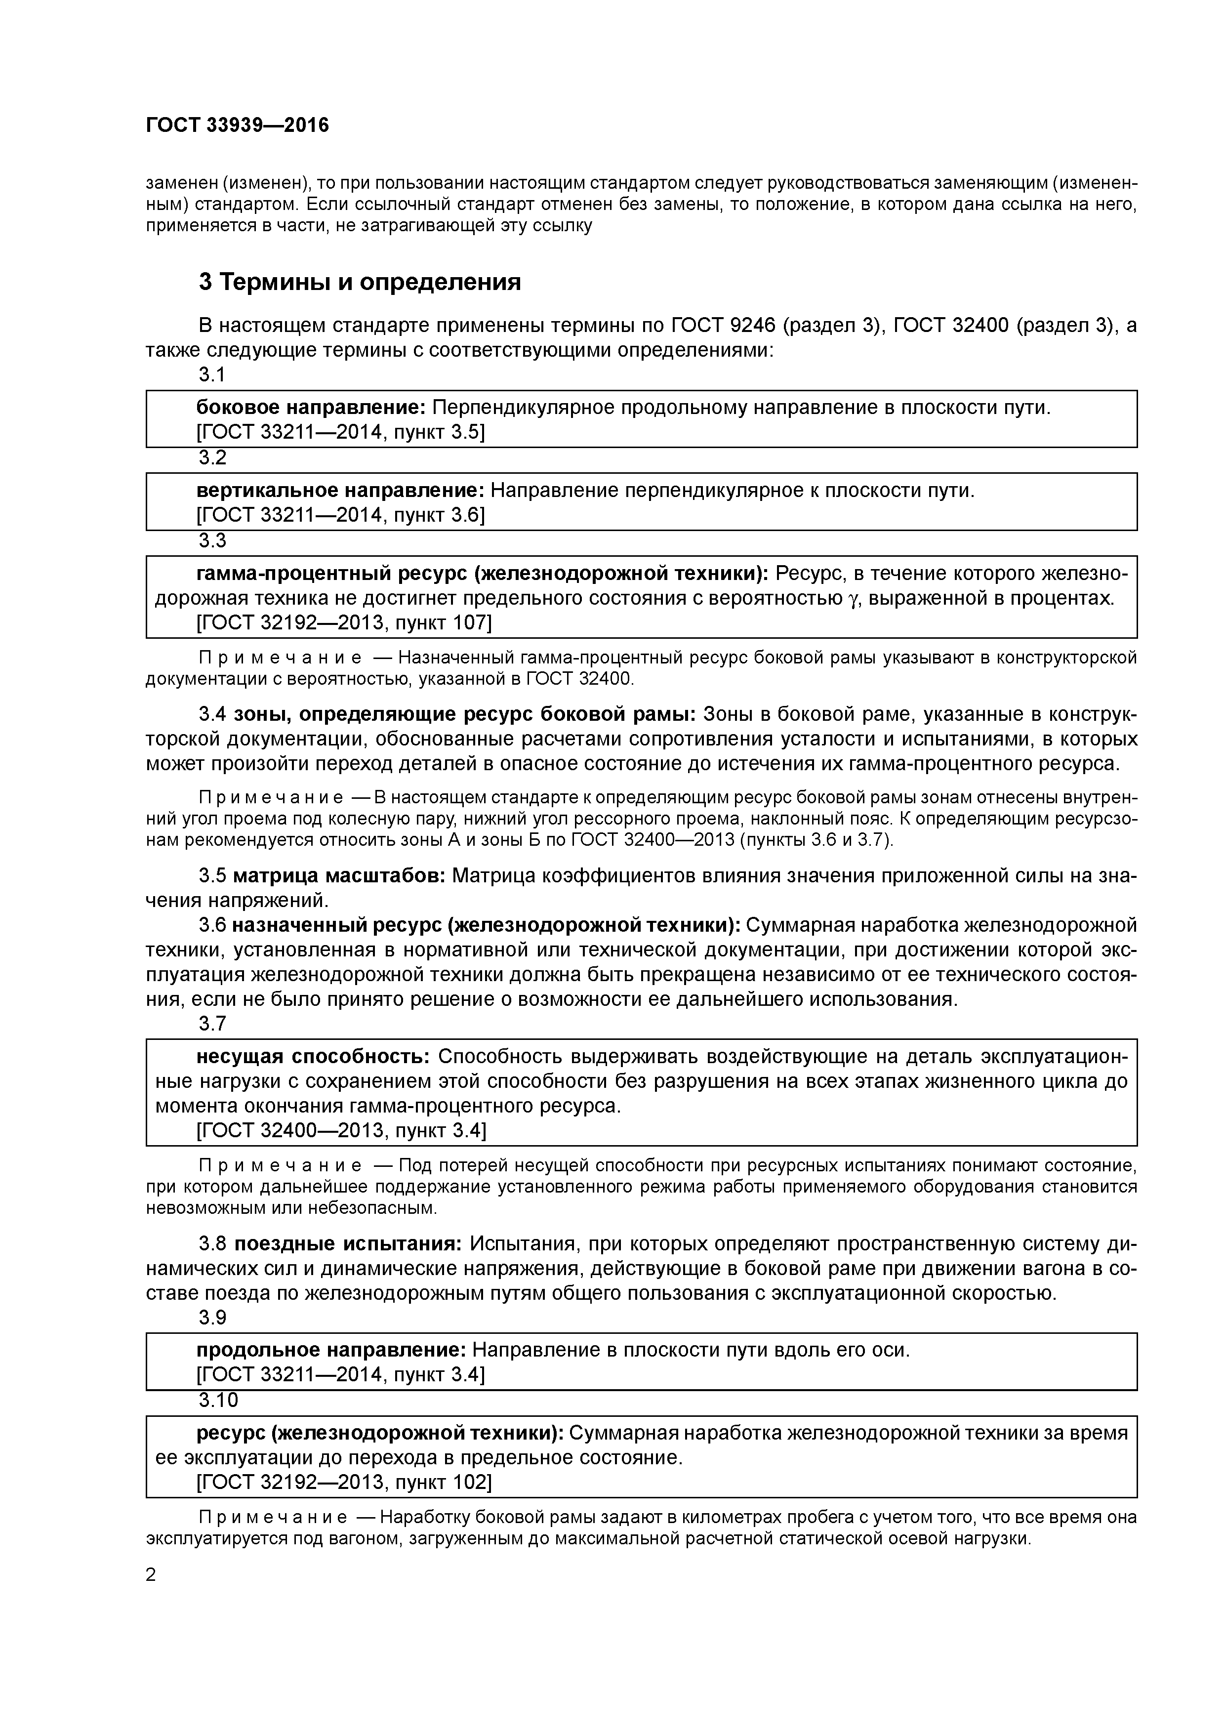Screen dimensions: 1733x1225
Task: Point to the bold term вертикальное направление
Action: coord(340,491)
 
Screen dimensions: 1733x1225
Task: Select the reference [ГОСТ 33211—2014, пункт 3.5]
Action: coord(340,432)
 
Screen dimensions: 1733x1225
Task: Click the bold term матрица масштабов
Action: coord(341,876)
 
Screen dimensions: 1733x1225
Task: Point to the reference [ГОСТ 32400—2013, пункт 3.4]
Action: coord(341,1131)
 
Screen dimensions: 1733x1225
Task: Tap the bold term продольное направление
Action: coord(331,1350)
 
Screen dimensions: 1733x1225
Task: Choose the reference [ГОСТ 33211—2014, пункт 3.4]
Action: coord(340,1374)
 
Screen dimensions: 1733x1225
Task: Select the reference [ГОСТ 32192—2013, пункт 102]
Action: coord(343,1483)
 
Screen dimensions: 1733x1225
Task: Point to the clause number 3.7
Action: coord(212,1024)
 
